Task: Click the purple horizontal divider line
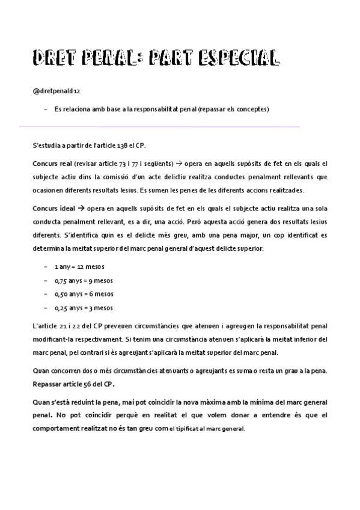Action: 159,127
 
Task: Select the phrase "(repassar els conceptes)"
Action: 233,109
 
